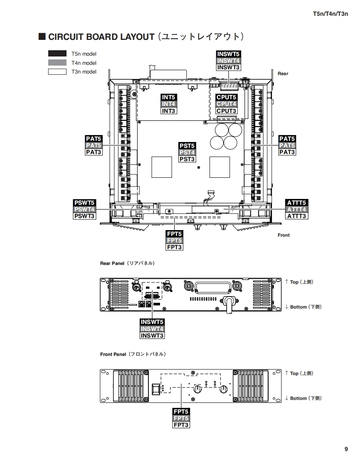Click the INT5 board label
click(169, 97)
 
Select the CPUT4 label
click(227, 104)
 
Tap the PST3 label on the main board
click(187, 159)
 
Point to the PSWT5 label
click(84, 203)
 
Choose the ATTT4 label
click(297, 209)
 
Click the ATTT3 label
click(297, 216)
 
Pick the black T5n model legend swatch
click(57, 54)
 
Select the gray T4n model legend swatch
click(57, 63)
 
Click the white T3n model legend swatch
click(57, 71)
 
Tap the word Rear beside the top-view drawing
click(283, 74)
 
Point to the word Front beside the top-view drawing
click(284, 235)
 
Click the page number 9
click(346, 449)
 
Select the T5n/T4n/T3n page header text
click(330, 14)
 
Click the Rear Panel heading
click(112, 263)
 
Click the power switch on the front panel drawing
click(156, 389)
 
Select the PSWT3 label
click(84, 216)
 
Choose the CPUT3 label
click(227, 111)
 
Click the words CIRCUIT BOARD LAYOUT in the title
click(101, 37)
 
